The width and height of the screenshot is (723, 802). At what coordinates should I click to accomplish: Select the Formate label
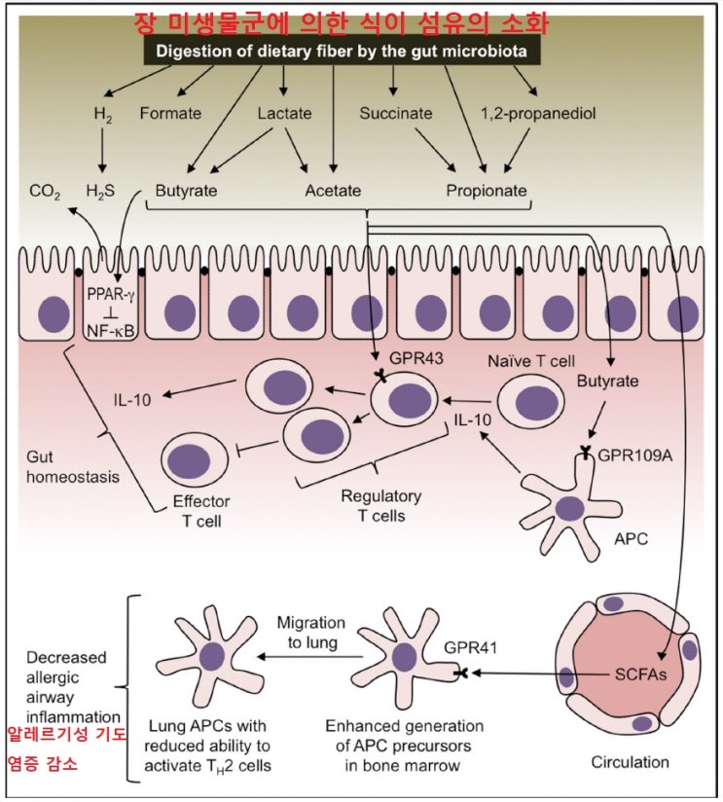pos(170,113)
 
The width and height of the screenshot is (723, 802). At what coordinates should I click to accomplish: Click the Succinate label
pos(395,113)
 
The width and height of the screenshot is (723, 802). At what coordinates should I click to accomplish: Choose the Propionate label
pos(486,190)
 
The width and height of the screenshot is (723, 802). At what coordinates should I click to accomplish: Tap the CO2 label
pos(44,191)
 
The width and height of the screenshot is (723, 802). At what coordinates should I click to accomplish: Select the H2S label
pos(101,191)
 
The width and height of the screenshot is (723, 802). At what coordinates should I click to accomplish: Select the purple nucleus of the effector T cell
pos(188,459)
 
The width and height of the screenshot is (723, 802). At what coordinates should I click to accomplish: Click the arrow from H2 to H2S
pos(101,152)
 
